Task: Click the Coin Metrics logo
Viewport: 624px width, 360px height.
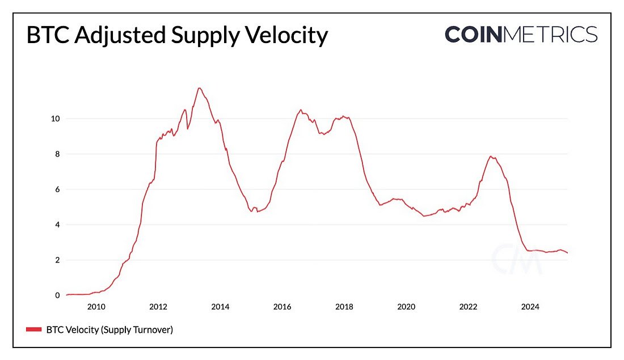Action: (x=521, y=35)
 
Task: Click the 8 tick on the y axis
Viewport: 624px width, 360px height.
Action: (x=57, y=154)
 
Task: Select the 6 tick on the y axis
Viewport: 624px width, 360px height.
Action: (x=57, y=189)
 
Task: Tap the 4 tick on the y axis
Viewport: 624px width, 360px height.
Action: (x=57, y=225)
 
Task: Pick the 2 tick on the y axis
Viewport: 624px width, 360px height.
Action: (x=57, y=260)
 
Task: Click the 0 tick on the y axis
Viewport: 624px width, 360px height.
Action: (x=57, y=295)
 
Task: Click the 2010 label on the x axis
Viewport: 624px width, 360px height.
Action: (x=96, y=307)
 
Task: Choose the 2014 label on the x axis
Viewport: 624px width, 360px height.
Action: (x=220, y=307)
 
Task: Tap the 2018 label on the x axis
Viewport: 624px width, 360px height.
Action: (x=344, y=307)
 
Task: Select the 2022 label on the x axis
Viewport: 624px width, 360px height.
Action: (x=469, y=307)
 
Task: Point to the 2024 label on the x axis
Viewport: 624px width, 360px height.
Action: (x=530, y=307)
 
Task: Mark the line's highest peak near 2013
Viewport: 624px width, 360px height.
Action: (x=199, y=88)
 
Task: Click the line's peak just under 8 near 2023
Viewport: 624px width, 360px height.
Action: (x=491, y=156)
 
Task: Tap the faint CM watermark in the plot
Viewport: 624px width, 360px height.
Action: (x=516, y=259)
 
